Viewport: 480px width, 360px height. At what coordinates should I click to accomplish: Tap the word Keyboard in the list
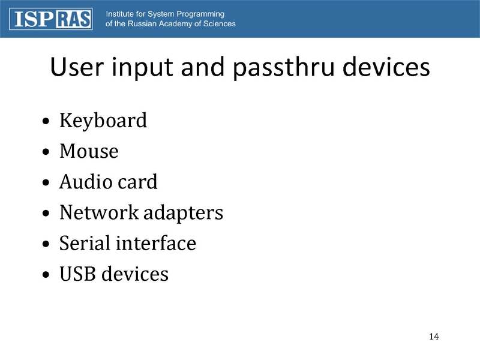103,121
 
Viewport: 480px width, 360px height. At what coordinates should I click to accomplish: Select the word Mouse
89,151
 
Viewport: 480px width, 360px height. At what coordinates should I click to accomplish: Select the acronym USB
78,274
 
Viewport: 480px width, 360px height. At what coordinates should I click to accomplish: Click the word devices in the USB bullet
134,274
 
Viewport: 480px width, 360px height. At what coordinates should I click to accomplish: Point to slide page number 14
434,336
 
